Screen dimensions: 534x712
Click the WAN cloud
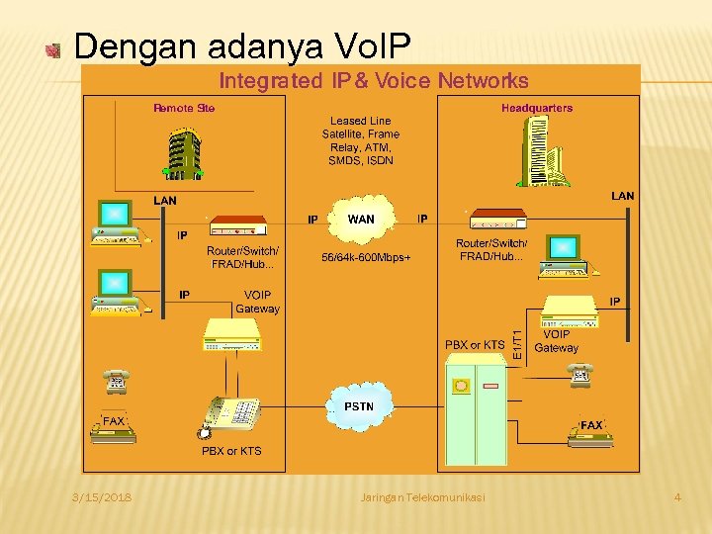[362, 220]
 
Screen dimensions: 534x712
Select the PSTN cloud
[359, 405]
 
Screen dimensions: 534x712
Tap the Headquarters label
[536, 108]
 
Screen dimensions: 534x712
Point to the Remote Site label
[184, 108]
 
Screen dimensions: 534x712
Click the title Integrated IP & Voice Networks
[373, 81]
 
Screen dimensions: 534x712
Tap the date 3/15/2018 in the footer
[102, 497]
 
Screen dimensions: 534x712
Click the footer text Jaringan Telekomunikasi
[423, 497]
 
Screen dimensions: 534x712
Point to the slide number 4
[677, 497]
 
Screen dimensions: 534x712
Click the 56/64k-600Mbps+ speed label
[366, 258]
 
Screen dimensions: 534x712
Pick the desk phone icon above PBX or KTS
[230, 414]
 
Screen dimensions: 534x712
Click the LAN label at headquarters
[623, 196]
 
